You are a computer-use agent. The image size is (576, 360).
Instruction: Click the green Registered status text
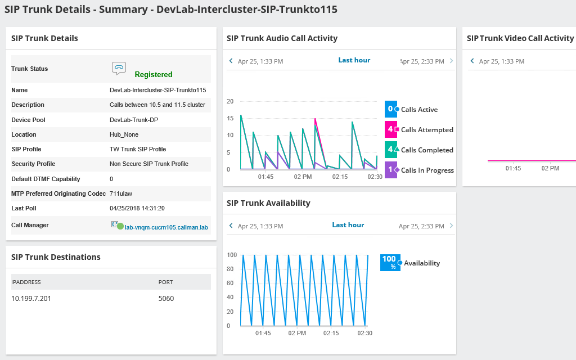pyautogui.click(x=153, y=74)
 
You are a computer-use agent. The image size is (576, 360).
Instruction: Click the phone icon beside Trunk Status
pyautogui.click(x=119, y=68)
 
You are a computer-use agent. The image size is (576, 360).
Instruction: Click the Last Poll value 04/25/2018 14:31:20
pyautogui.click(x=137, y=208)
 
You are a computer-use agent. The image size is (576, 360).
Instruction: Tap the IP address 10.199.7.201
pyautogui.click(x=31, y=298)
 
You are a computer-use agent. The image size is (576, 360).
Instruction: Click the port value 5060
pyautogui.click(x=166, y=298)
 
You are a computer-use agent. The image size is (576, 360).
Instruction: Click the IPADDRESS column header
pyautogui.click(x=26, y=282)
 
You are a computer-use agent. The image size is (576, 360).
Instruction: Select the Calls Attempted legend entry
pyautogui.click(x=426, y=130)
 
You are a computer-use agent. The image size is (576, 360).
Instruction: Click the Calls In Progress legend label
pyautogui.click(x=427, y=170)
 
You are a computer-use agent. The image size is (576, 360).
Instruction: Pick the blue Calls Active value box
pyautogui.click(x=390, y=109)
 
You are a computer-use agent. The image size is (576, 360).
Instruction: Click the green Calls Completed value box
pyautogui.click(x=390, y=150)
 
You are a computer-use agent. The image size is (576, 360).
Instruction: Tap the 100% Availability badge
pyautogui.click(x=390, y=262)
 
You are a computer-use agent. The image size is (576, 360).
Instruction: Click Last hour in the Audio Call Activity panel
pyautogui.click(x=354, y=60)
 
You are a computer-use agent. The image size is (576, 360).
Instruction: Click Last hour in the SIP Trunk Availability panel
pyautogui.click(x=348, y=225)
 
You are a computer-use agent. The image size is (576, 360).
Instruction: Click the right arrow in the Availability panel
pyautogui.click(x=451, y=226)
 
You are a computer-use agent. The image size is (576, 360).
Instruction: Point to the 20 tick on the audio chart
pyautogui.click(x=229, y=101)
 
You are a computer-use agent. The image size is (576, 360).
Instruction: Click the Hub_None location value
pyautogui.click(x=124, y=134)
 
